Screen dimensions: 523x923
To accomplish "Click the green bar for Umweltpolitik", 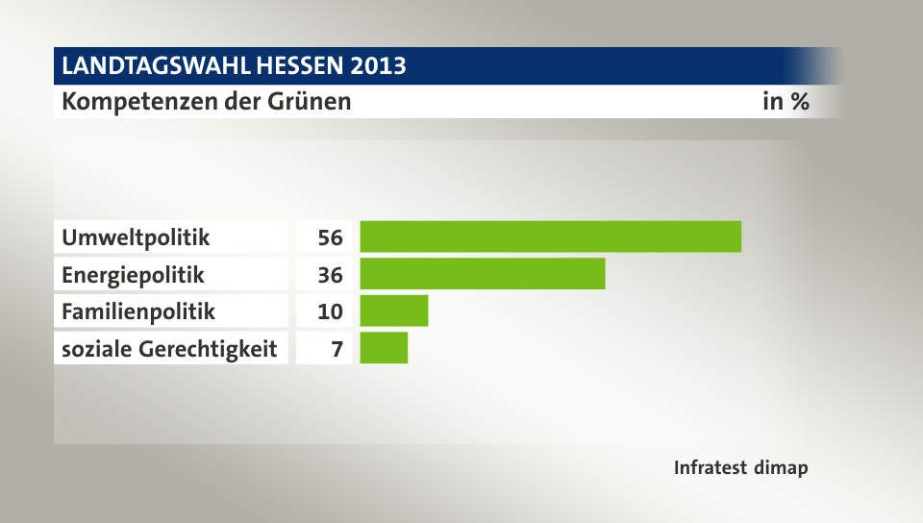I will [x=550, y=237].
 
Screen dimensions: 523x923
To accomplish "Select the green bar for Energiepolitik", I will [x=482, y=274].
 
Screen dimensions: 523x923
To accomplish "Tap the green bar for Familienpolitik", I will [x=393, y=311].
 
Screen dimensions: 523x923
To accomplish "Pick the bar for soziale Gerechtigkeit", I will [x=384, y=348].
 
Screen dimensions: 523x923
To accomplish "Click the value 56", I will [x=330, y=237].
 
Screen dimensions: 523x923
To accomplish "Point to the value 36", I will [x=330, y=274].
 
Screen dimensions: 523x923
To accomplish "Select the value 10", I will [x=330, y=311].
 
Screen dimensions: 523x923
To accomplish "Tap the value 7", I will [x=337, y=348].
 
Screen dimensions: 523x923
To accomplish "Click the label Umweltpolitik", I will [x=136, y=237].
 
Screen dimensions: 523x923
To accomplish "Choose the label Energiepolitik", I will [x=133, y=274].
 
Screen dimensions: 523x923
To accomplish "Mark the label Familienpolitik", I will [x=138, y=311].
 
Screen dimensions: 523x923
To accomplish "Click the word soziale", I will [x=94, y=348].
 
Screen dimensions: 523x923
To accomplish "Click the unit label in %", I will [x=786, y=101].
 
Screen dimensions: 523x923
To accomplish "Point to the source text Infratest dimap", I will [x=740, y=468].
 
